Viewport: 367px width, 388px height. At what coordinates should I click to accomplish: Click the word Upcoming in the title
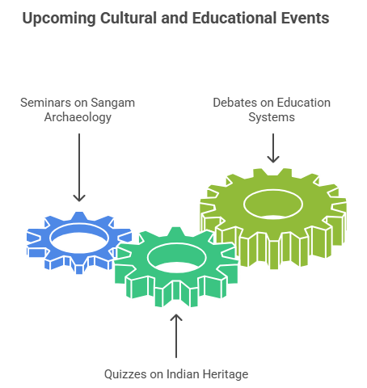point(59,19)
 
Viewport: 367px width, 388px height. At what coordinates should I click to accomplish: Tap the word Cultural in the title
point(129,18)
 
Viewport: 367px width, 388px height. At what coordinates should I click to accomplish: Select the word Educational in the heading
point(234,18)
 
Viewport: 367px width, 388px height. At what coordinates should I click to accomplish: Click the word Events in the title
point(306,18)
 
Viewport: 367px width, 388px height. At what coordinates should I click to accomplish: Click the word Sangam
point(112,103)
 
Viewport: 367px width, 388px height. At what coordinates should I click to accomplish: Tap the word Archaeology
point(78,118)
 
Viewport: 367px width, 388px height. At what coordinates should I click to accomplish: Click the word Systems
point(272,118)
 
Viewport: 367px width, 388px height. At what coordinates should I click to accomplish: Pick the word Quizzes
point(125,374)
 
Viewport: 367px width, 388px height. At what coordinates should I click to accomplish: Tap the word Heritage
point(226,374)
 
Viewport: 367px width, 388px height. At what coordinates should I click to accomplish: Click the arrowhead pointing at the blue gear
point(79,198)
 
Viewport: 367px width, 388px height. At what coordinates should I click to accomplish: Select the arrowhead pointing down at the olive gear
point(273,159)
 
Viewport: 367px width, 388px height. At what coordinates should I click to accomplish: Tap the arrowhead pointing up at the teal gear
point(176,318)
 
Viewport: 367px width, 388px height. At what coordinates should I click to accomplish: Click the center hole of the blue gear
point(79,238)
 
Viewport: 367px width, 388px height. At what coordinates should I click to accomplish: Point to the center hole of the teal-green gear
point(177,258)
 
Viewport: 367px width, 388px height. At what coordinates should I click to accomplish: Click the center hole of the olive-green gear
point(273,205)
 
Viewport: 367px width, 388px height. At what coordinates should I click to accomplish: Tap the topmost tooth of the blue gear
point(79,217)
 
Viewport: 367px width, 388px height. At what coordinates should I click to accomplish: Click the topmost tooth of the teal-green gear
point(176,232)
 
